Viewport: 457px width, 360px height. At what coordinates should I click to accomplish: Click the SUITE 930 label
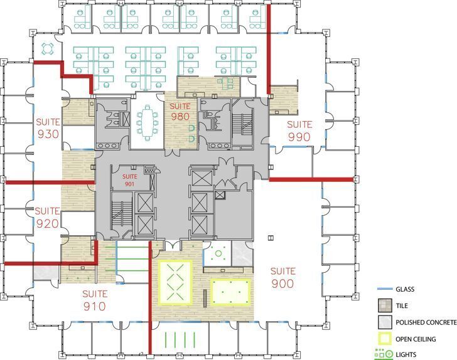(48, 128)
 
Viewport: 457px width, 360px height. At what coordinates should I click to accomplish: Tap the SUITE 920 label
(47, 217)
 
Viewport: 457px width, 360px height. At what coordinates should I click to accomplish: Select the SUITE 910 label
(94, 300)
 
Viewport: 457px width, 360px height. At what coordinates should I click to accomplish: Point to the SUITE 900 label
(282, 278)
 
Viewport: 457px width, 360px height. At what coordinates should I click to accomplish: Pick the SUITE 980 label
(180, 112)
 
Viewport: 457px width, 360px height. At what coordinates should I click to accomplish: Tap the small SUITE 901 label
(129, 180)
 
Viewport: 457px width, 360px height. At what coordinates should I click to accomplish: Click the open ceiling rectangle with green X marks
(175, 282)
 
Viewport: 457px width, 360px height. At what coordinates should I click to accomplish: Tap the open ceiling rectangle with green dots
(230, 291)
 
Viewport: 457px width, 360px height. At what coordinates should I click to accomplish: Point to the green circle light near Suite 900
(219, 254)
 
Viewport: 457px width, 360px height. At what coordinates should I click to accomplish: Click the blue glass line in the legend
(382, 289)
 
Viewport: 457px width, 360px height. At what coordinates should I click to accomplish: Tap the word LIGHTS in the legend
(406, 355)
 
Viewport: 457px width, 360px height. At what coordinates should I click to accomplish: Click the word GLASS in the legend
(406, 289)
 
